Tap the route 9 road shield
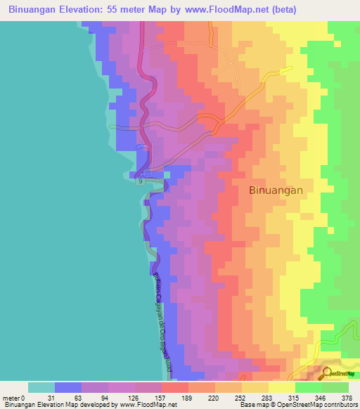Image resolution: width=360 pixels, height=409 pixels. (140, 181)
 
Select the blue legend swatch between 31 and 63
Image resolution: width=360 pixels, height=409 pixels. (68, 387)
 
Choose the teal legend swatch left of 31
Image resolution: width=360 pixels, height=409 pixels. (41, 387)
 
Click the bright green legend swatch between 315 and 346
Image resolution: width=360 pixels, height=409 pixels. (309, 387)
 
